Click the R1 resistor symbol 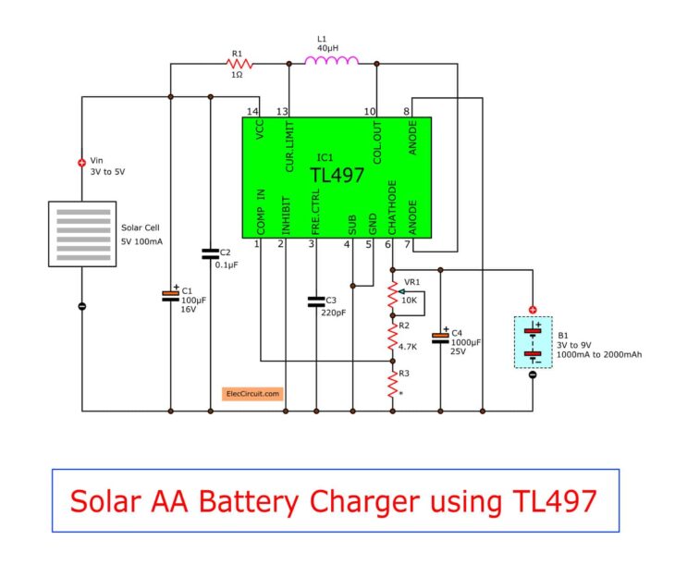236,64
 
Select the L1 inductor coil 332,62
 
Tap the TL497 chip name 337,176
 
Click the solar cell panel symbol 82,235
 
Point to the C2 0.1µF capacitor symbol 211,252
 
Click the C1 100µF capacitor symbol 170,295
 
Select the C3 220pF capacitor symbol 316,301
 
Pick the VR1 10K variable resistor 393,296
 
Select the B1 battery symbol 532,342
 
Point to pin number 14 252,111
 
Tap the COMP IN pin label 260,212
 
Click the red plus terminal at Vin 81,163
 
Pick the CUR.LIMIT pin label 289,146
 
